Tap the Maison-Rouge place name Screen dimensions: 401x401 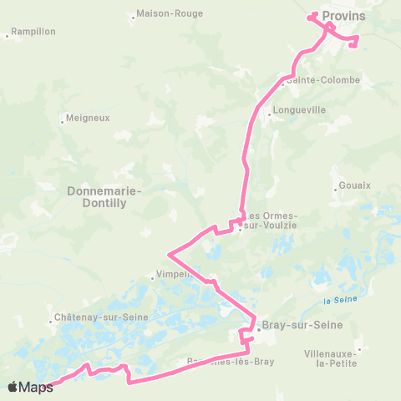(163, 13)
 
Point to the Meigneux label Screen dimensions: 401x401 (88, 118)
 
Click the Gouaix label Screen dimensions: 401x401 (355, 185)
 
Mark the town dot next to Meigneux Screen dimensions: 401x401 (63, 121)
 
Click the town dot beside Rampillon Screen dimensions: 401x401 (8, 35)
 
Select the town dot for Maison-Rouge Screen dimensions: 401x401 (135, 15)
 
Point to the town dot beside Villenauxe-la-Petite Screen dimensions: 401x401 (359, 349)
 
